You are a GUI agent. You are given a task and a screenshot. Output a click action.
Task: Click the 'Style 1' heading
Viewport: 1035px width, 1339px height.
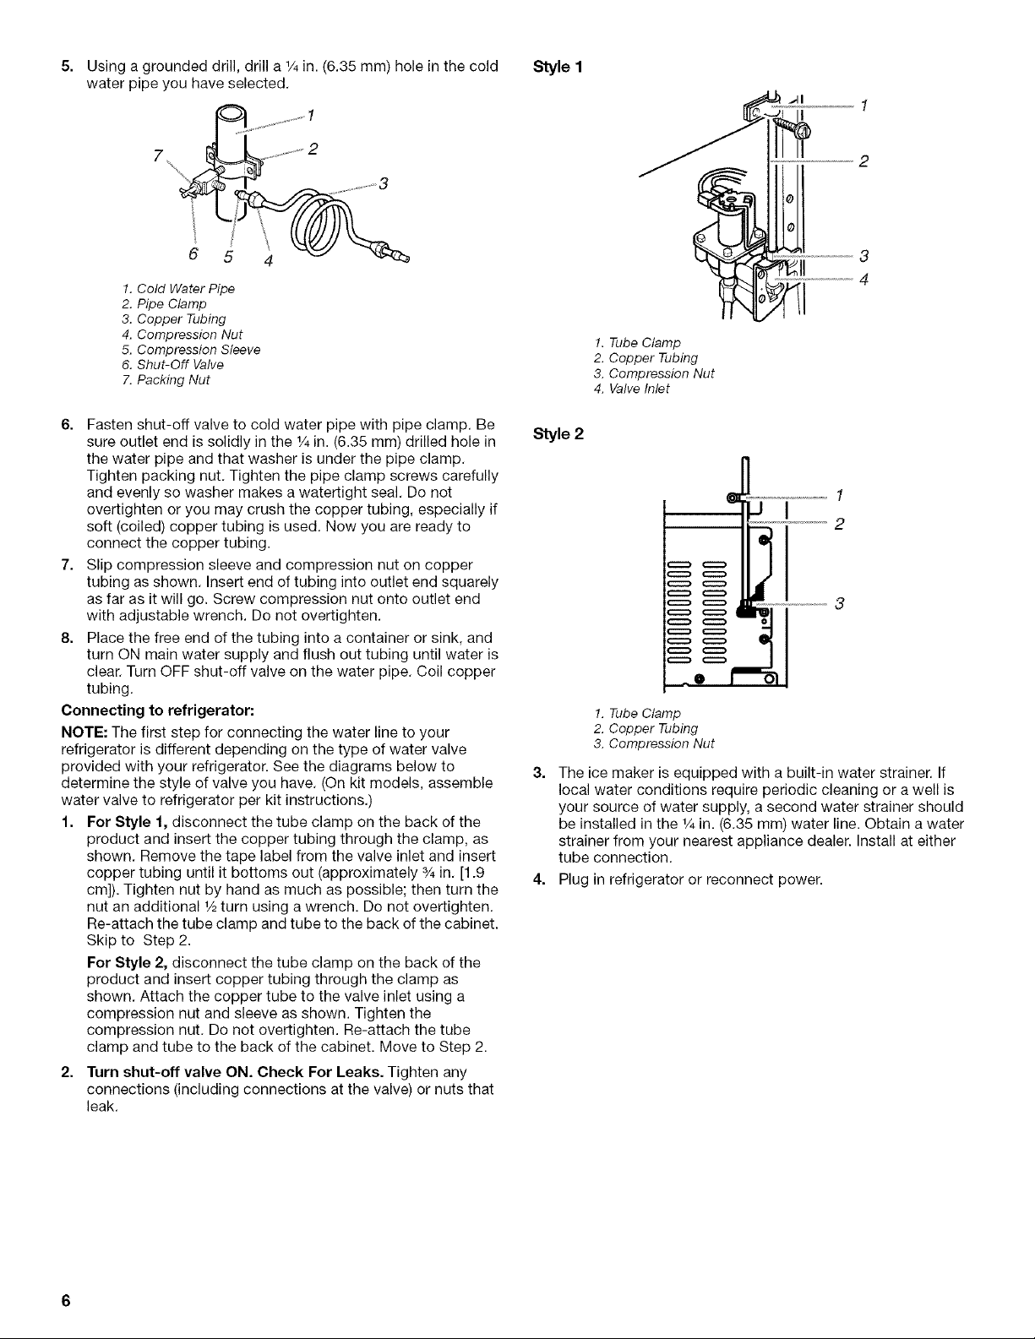[x=557, y=67]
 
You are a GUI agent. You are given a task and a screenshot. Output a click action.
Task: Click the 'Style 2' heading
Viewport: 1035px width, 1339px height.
[x=558, y=434]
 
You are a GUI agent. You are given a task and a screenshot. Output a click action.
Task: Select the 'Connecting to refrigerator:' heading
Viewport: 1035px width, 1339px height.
[x=158, y=710]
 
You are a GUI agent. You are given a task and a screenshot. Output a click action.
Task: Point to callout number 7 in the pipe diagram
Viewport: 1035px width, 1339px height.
[x=158, y=155]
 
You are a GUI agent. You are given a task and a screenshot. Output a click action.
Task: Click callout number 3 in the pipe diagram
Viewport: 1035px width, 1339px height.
[x=384, y=183]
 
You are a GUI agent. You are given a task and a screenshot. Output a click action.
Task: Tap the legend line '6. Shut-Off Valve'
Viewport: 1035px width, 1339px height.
[x=173, y=365]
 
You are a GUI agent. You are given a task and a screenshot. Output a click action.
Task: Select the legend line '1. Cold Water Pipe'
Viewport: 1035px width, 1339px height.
[x=178, y=289]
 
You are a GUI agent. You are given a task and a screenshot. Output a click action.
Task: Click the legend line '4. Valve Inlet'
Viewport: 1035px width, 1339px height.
[x=631, y=389]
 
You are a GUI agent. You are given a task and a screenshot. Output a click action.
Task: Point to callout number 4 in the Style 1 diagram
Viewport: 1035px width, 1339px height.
[x=863, y=280]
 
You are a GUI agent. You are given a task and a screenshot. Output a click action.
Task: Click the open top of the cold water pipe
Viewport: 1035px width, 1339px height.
[x=231, y=115]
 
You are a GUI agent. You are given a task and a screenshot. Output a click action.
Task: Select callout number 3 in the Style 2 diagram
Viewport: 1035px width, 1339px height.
[x=838, y=604]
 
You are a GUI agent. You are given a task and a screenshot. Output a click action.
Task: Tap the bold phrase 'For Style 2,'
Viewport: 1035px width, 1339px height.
[x=128, y=963]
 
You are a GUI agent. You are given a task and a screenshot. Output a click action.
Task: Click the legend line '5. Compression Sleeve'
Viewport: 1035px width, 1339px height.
[x=191, y=350]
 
